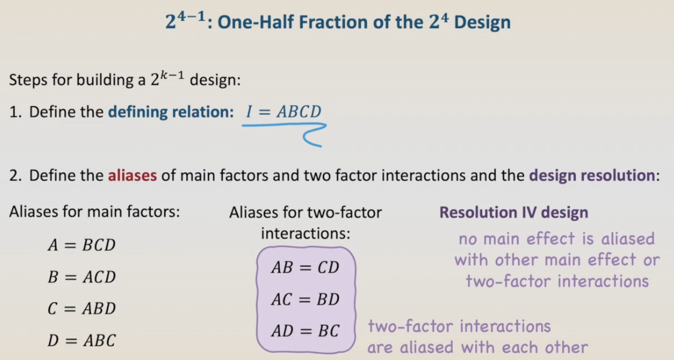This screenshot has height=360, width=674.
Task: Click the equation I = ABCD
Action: point(283,112)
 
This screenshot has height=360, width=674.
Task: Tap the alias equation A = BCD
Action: point(82,245)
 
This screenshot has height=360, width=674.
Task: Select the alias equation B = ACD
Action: point(82,277)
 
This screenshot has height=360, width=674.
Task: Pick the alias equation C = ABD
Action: point(82,309)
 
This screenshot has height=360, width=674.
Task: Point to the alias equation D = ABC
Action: point(82,340)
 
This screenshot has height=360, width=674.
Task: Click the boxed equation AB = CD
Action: point(305,267)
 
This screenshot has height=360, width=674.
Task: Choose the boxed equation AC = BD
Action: point(305,299)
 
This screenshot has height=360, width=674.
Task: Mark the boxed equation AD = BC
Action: point(305,331)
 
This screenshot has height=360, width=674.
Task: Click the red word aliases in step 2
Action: point(132,175)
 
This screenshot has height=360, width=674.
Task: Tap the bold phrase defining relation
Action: point(170,112)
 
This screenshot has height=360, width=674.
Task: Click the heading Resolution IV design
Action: point(514,212)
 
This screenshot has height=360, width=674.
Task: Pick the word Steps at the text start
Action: point(28,80)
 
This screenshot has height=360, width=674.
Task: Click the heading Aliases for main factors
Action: point(94,212)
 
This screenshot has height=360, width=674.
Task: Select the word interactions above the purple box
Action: point(306,233)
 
